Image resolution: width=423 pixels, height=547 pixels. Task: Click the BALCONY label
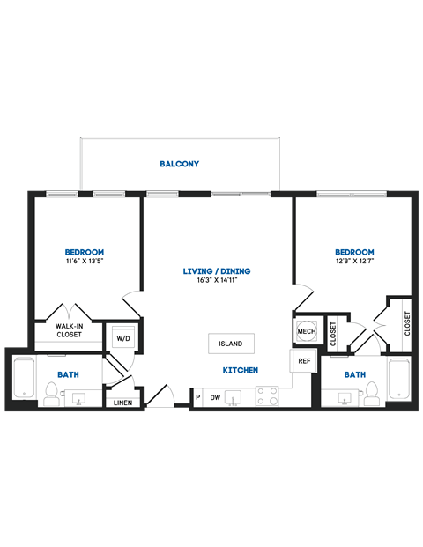pos(179,164)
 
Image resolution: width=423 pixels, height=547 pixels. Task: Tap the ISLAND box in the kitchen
pos(232,344)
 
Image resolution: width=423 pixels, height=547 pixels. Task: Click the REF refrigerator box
pos(303,361)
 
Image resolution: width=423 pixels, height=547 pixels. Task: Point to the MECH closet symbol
pos(306,331)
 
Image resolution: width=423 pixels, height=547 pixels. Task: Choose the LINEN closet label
pos(122,403)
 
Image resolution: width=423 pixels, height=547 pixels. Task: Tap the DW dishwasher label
pos(214,397)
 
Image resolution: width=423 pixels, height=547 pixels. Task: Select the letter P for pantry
pos(197,397)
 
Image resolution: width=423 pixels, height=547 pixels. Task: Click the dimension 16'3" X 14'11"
pos(217,280)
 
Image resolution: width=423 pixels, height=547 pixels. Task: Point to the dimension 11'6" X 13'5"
pos(90,262)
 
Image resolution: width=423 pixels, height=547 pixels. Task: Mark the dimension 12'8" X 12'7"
pos(355,262)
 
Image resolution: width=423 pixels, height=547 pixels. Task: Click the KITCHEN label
pos(240,370)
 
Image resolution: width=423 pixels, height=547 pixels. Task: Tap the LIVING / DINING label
pos(217,270)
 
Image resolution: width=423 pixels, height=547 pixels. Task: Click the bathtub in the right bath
pos(401,381)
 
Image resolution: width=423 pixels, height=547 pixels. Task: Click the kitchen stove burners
pos(267,396)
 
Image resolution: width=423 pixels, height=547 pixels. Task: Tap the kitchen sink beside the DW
pos(235,397)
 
